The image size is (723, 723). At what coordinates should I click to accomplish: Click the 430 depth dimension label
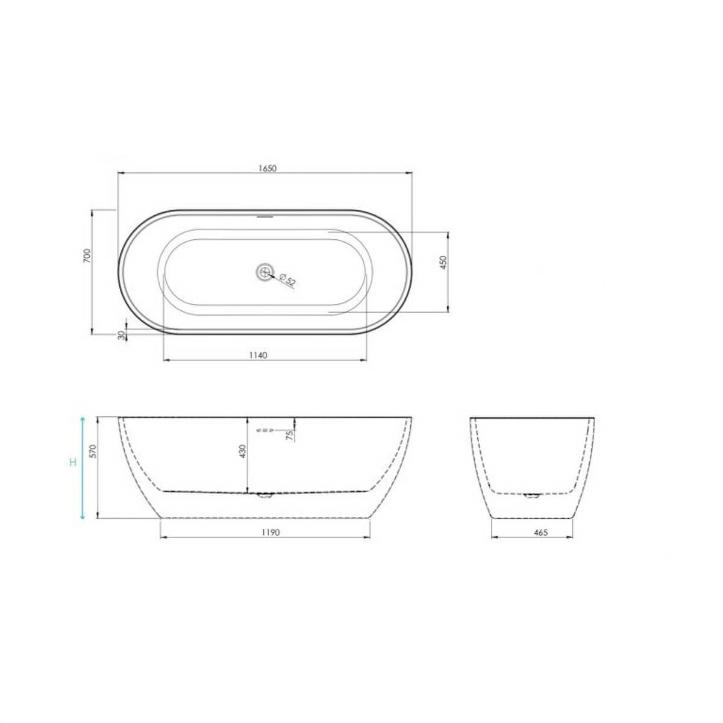coord(243,452)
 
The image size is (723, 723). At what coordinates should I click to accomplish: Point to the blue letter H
coord(72,463)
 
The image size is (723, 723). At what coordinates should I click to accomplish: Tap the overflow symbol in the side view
coord(265,430)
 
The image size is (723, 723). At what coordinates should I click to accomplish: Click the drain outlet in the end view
coord(531,496)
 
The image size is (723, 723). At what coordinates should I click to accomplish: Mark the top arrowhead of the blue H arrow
coord(83,419)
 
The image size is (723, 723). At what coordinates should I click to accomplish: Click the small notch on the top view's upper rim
coord(264,214)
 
